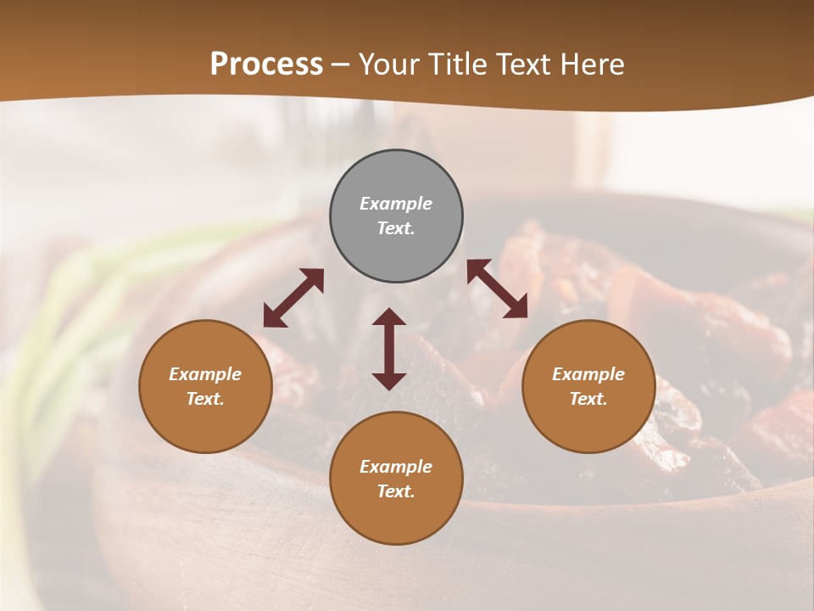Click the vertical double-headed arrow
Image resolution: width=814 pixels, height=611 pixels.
coord(389,349)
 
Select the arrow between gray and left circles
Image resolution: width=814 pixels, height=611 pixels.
coord(293,297)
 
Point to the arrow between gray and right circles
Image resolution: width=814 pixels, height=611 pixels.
coord(497,289)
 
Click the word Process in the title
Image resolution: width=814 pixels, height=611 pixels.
coord(266,64)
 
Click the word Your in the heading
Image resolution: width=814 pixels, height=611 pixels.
coord(389,64)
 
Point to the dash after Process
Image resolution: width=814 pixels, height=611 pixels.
coord(341,64)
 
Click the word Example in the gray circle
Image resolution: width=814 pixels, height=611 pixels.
coord(396,204)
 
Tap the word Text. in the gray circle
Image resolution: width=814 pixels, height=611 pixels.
coord(396,228)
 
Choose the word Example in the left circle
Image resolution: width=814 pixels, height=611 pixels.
coord(205,374)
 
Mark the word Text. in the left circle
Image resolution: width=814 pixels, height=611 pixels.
coord(205,399)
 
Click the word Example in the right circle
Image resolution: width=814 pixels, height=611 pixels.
coord(588,374)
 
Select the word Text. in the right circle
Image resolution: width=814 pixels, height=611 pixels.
coord(588,399)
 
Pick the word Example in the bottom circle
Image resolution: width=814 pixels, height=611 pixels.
coord(396,467)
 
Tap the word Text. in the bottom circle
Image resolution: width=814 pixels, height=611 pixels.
coord(396,491)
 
